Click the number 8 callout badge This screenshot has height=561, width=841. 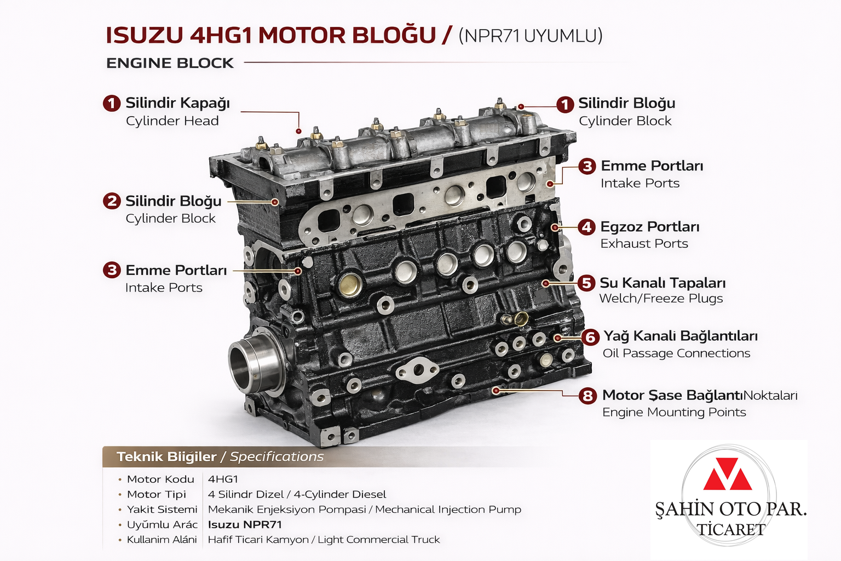tap(587, 396)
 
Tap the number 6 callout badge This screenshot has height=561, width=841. tap(590, 336)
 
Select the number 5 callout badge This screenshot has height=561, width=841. tap(586, 283)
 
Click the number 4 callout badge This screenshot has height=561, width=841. tap(587, 227)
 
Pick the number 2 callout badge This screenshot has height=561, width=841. tap(112, 201)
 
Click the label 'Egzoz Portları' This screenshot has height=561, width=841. tap(650, 227)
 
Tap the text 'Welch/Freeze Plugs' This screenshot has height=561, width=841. tap(661, 299)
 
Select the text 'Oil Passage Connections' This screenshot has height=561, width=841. tap(676, 353)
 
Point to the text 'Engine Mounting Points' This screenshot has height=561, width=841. tap(674, 412)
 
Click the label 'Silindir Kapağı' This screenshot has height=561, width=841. tap(177, 103)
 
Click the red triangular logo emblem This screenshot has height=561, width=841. tap(728, 474)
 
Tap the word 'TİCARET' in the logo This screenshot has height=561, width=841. tap(731, 530)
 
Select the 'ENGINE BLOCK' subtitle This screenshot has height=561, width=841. tap(170, 63)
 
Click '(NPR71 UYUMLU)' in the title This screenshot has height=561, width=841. tap(530, 36)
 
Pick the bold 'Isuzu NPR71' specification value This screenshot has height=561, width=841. tap(245, 524)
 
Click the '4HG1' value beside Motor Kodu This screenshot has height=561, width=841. tap(223, 479)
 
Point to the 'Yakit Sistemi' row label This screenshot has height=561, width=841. tap(162, 510)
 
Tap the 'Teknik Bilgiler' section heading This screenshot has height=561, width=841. tap(166, 457)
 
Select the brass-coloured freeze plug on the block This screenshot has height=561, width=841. tap(350, 284)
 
